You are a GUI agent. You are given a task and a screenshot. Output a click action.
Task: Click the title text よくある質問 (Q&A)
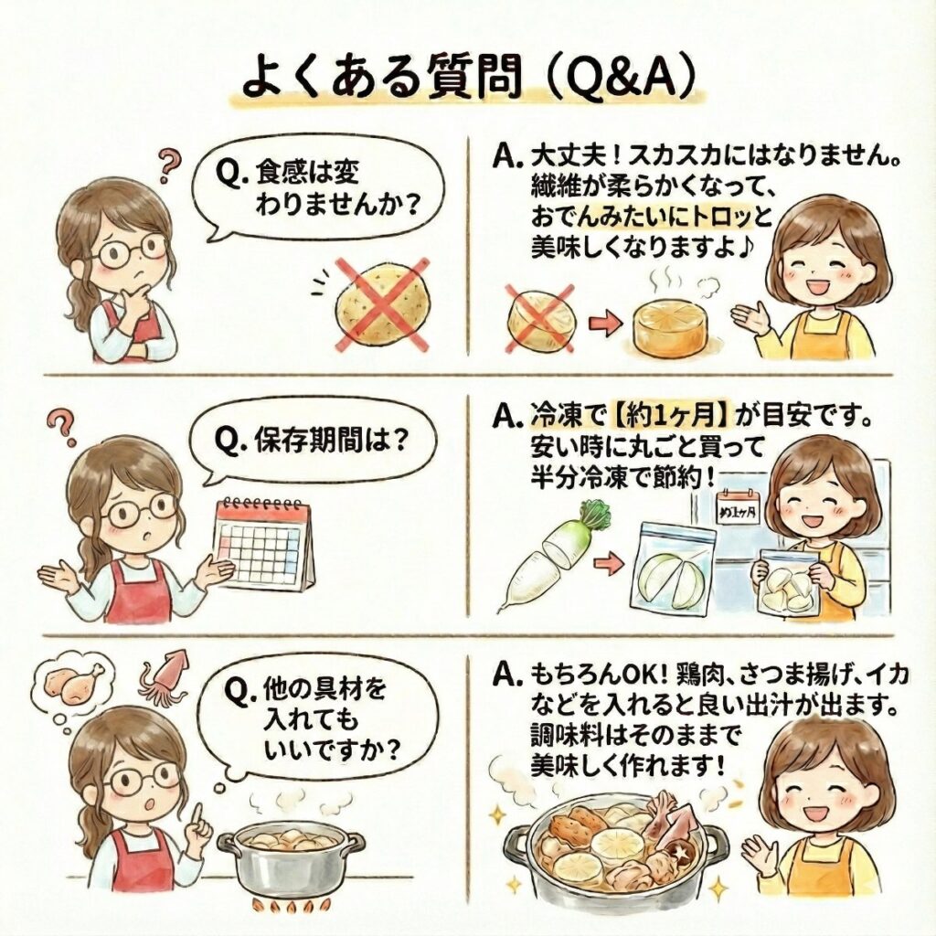[x=469, y=78]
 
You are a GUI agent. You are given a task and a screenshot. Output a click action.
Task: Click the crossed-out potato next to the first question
[x=382, y=305]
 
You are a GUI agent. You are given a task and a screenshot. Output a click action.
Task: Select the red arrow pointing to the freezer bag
[x=609, y=564]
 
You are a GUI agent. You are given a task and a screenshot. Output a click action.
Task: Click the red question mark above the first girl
[x=169, y=165]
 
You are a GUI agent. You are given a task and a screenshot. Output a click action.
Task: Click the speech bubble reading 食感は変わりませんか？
[x=319, y=190]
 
